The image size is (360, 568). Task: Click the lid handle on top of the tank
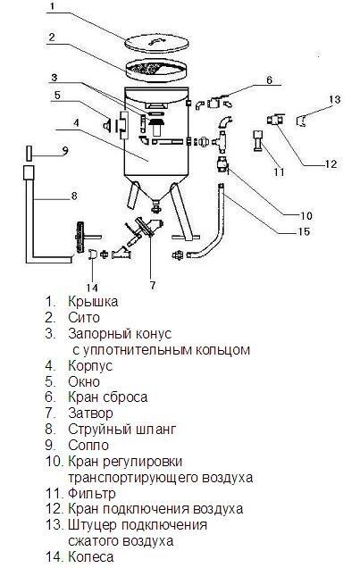coord(155,41)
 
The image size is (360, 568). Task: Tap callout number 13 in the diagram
coord(335,99)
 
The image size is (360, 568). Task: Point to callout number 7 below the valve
coord(153,286)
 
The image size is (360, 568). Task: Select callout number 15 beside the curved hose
coord(304,231)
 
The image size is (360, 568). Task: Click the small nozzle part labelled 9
coord(29,153)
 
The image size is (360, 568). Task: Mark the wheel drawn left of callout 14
coord(78,237)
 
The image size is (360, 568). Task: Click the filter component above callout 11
coord(258,141)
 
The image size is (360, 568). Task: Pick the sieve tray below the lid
coord(156,71)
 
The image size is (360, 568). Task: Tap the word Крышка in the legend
coord(93,301)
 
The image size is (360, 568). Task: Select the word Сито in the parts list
coord(84,317)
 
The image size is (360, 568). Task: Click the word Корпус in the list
coord(90,365)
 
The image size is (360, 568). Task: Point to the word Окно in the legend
coord(84,381)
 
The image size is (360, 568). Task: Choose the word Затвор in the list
coord(90,413)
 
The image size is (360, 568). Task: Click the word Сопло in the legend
coord(88,445)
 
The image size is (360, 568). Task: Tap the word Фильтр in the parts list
coord(92,493)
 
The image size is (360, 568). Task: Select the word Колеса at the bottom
coord(90,556)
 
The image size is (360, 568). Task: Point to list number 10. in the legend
coord(55,461)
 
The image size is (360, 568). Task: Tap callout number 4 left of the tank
coord(76,123)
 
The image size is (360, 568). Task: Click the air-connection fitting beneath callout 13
coord(301,121)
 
